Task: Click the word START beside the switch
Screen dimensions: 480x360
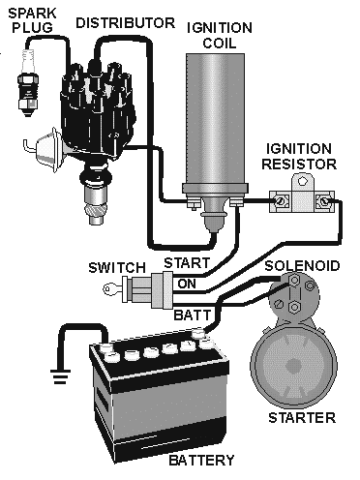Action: click(x=183, y=263)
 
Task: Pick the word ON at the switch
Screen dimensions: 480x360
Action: click(x=187, y=283)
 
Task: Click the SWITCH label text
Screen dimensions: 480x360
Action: click(x=117, y=267)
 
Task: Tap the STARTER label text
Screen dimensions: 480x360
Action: click(x=304, y=418)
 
